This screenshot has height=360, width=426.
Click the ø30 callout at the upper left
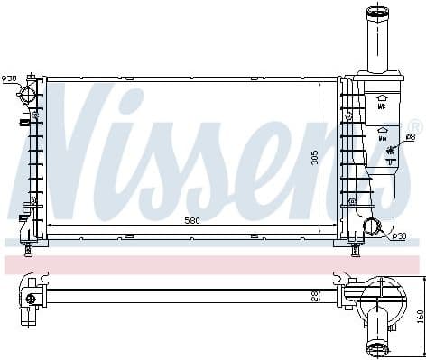coord(9,79)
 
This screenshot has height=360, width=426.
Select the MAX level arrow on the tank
coord(383,100)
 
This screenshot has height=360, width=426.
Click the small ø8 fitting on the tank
coord(389,152)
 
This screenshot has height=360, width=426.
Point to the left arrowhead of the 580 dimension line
coord(50,223)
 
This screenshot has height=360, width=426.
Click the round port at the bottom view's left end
coord(32,299)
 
